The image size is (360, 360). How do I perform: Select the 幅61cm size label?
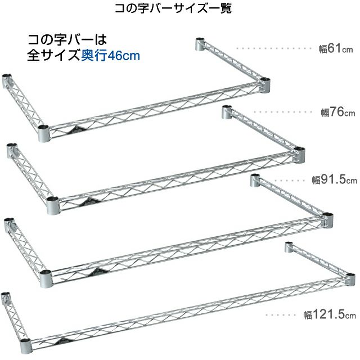coord(336,49)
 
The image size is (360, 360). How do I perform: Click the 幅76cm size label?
coord(338,112)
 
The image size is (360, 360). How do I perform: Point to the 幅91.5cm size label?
coord(335,181)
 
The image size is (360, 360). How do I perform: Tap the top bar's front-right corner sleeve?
coord(265,85)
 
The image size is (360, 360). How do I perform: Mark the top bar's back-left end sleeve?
coord(7,79)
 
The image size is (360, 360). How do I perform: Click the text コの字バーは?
coord(67,40)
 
